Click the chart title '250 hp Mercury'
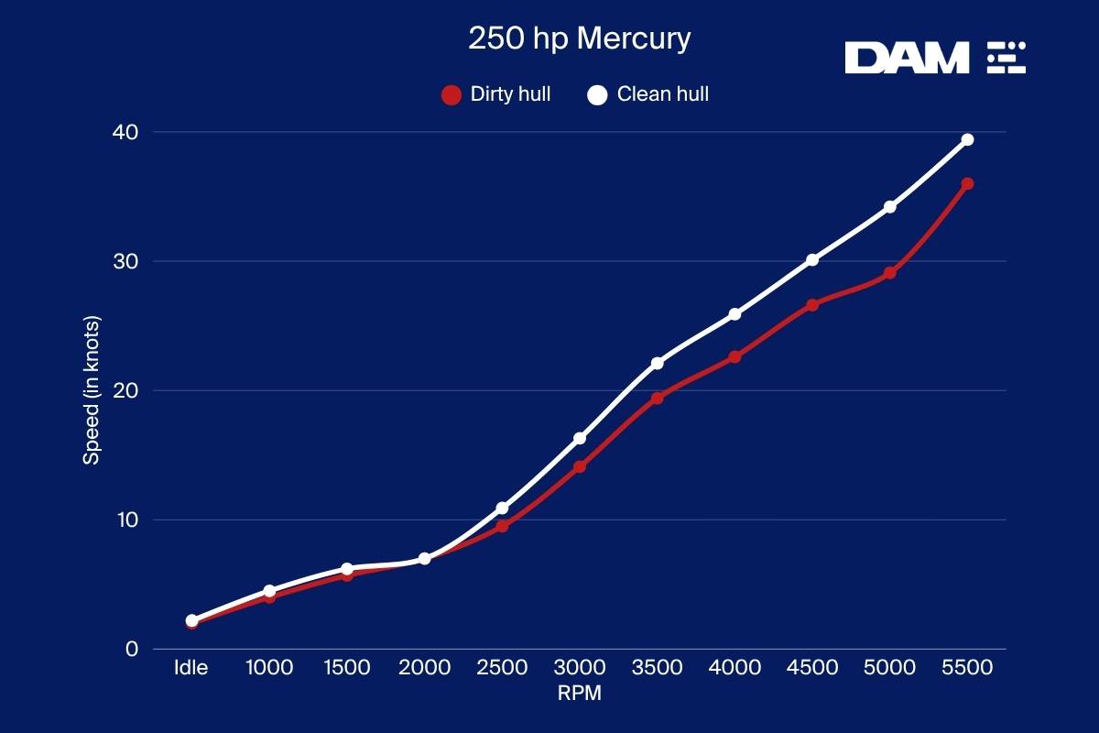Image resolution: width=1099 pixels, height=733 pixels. pos(579,39)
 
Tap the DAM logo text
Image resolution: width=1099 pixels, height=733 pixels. pos(906,58)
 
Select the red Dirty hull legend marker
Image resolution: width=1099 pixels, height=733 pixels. pos(451,94)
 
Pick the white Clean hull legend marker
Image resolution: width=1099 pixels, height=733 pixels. pos(597,94)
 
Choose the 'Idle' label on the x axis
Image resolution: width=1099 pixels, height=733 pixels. pos(191,668)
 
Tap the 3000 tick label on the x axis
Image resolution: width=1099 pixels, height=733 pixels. pos(580,668)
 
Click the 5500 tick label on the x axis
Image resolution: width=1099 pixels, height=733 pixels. pos(967,668)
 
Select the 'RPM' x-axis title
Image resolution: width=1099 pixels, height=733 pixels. pos(579,694)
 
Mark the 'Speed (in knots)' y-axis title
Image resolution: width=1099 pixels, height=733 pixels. pos(92,390)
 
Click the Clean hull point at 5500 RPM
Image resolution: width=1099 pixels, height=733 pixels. pos(967,140)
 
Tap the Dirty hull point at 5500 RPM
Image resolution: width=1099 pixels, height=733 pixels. pos(967,184)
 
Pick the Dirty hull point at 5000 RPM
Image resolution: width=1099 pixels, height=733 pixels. pos(889,273)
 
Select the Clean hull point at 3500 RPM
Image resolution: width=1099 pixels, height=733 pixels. pos(657,364)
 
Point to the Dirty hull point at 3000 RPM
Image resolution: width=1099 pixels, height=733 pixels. pos(580,467)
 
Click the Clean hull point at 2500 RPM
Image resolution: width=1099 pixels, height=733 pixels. pos(502,509)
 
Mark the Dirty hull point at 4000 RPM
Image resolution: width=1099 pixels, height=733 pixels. pos(734,357)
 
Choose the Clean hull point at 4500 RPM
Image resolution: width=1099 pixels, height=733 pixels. pos(812,260)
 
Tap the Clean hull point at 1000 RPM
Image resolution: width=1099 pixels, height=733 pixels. pos(269,591)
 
